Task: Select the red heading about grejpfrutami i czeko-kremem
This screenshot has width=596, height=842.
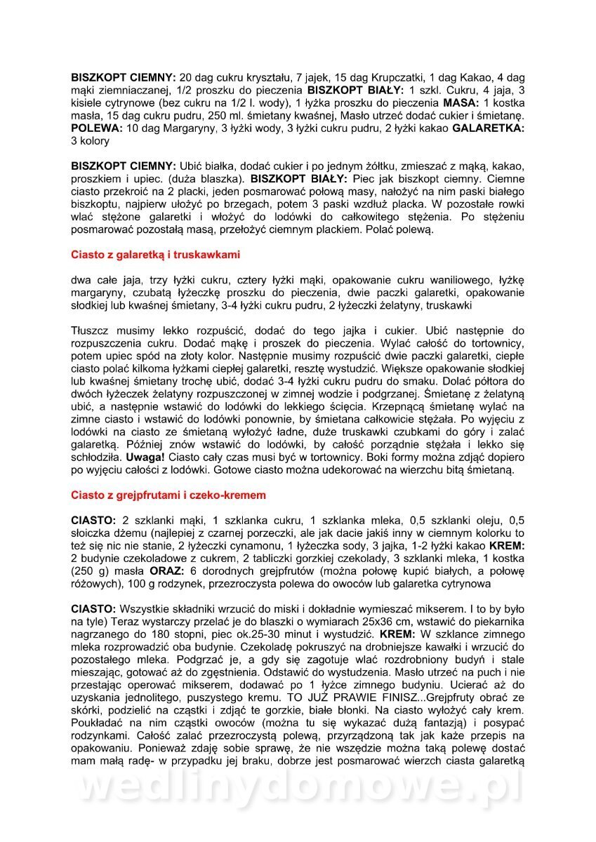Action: point(168,495)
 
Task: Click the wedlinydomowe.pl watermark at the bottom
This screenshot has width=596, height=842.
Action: point(298,789)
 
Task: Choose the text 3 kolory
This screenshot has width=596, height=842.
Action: point(91,140)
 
